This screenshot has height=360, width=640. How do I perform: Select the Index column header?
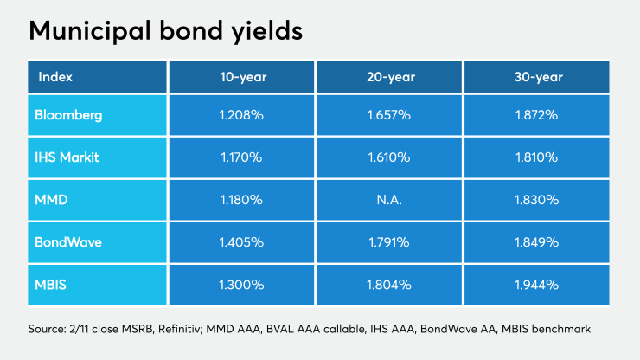(x=54, y=77)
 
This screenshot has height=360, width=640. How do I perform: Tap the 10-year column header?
(x=241, y=77)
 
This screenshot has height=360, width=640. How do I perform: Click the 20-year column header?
(x=389, y=77)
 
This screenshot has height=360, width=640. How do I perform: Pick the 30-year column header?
(x=537, y=77)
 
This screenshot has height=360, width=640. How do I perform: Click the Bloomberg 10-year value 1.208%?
(x=241, y=114)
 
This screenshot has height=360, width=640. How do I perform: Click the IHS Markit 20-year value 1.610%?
(x=389, y=157)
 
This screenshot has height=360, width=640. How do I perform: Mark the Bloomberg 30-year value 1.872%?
(x=537, y=114)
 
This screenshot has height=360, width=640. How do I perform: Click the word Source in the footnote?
(x=47, y=330)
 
